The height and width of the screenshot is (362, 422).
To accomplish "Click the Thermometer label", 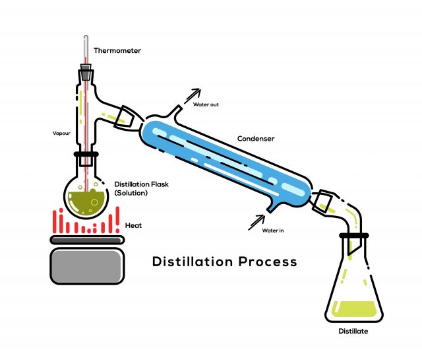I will (117, 50).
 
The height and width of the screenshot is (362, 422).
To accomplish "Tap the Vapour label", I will (61, 133).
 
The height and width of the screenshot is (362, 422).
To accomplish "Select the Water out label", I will (206, 104).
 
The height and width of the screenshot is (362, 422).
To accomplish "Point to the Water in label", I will (273, 231).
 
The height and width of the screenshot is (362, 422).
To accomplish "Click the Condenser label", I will (256, 139).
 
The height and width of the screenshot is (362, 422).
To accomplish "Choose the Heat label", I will (133, 225).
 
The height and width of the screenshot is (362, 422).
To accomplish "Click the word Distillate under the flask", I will (353, 331).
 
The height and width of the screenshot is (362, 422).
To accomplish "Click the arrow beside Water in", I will (256, 222).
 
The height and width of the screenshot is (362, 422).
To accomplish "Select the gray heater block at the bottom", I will (86, 266).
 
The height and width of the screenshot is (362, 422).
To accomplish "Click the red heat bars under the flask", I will (86, 222).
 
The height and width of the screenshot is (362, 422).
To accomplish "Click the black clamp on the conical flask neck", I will (354, 235).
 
